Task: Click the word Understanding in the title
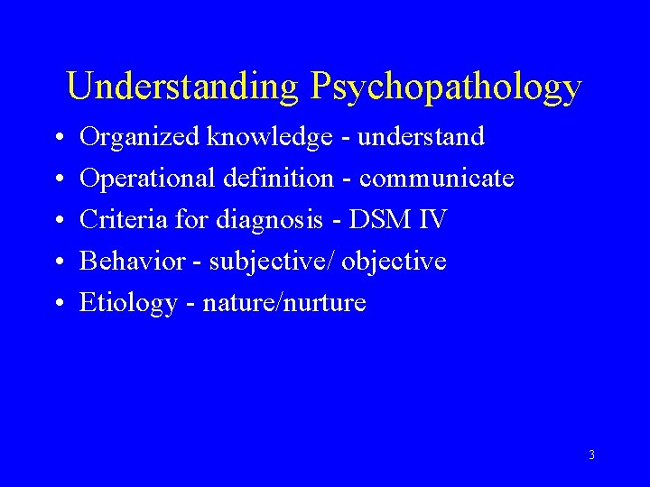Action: coord(182,87)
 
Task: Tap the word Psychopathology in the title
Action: coord(445,87)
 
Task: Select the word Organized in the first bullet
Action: coord(140,137)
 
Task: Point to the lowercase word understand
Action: coord(422,137)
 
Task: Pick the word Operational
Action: coord(144,179)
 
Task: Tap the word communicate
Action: coord(437,179)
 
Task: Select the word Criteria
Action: coord(116,220)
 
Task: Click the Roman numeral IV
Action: coord(432,220)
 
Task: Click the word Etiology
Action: coord(128,303)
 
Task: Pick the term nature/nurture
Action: coord(284,303)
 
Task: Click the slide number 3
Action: coord(591,455)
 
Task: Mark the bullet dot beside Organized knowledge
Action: coord(58,138)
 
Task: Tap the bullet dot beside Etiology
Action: coord(58,304)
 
